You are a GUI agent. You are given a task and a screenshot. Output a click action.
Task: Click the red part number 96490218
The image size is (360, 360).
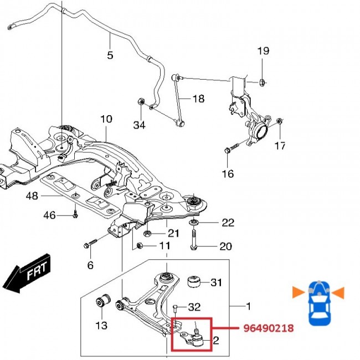click(x=268, y=328)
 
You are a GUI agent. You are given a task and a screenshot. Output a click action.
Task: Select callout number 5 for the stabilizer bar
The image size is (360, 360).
click(x=110, y=55)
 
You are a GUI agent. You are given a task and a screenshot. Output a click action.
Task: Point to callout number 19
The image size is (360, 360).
click(x=263, y=51)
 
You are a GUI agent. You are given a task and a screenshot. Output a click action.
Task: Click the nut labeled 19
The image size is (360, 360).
click(x=263, y=83)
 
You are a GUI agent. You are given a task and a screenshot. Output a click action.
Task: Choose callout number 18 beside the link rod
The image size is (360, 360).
click(x=198, y=99)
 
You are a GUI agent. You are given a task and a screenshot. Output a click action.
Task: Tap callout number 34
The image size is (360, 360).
click(x=140, y=126)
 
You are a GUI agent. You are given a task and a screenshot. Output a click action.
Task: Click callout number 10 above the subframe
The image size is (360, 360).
click(x=106, y=119)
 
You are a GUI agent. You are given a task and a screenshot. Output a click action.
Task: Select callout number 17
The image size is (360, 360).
click(x=280, y=146)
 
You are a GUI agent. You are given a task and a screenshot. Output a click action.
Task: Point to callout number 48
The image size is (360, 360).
click(x=32, y=196)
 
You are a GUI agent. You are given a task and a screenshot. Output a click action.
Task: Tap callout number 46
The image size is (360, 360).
click(x=49, y=215)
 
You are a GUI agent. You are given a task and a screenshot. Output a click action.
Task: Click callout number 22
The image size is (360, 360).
click(x=228, y=223)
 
